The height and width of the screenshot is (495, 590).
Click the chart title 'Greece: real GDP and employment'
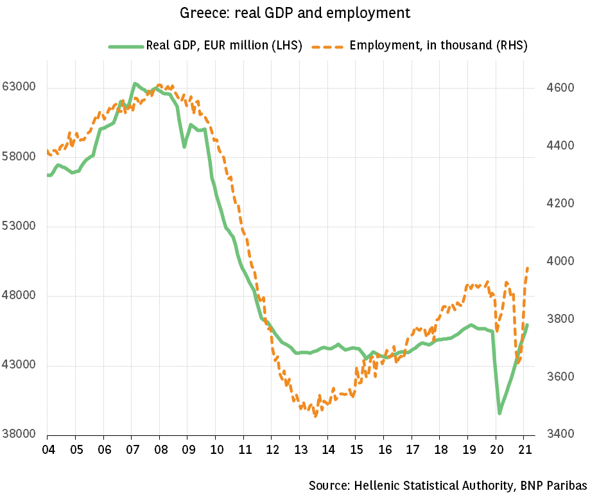[x=295, y=12]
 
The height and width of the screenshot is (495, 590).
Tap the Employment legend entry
[x=438, y=46]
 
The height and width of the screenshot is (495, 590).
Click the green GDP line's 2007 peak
[x=135, y=83]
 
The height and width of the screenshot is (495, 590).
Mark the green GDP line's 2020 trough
[x=499, y=413]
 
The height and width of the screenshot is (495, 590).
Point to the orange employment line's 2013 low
[x=315, y=416]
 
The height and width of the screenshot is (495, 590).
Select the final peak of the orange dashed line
[x=528, y=267]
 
